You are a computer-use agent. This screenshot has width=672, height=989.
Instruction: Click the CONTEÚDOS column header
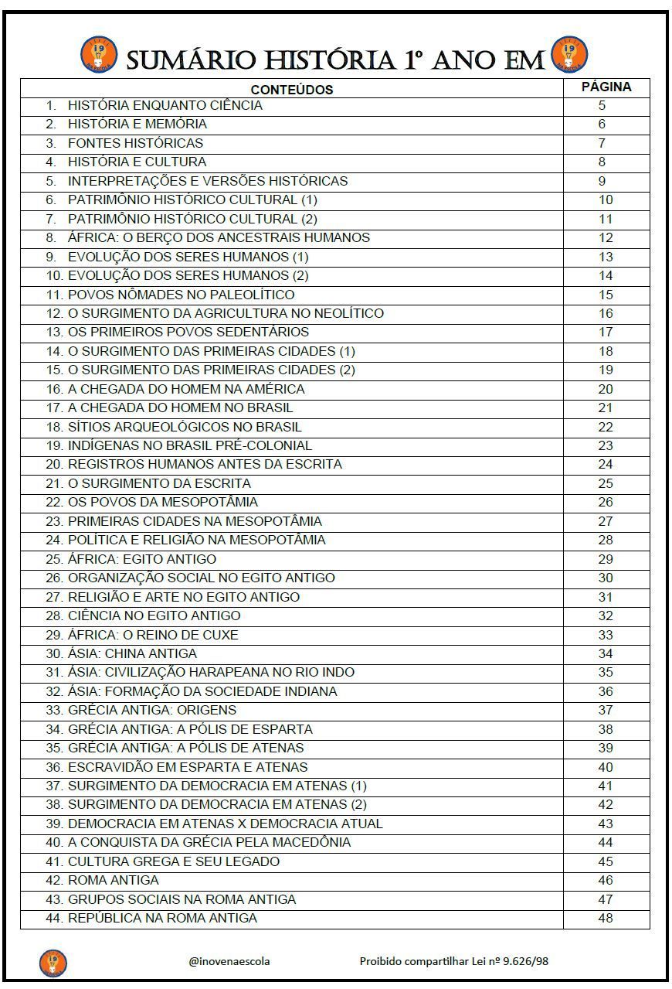[x=291, y=90]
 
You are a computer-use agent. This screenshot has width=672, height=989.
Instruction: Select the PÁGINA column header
[x=606, y=87]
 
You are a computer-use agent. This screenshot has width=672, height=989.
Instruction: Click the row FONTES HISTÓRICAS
[x=135, y=143]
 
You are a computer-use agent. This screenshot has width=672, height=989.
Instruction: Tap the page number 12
[x=606, y=237]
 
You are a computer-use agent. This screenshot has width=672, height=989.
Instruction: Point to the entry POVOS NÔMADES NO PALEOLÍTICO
[x=181, y=295]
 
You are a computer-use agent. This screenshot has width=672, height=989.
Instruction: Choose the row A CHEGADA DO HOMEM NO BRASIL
[x=180, y=408]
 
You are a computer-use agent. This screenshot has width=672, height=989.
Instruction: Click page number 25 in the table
[x=606, y=483]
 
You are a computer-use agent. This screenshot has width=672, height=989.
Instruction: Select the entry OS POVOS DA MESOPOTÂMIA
[x=162, y=502]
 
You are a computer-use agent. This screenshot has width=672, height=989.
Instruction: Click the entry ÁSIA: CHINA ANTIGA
[x=132, y=653]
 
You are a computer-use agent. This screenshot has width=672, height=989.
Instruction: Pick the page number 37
[x=606, y=710]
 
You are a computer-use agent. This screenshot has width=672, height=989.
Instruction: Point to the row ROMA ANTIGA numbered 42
[x=113, y=880]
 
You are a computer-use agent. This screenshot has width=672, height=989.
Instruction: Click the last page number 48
[x=606, y=918]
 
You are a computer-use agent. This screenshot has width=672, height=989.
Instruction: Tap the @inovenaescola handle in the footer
[x=229, y=961]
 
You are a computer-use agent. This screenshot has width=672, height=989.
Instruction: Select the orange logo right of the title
[x=569, y=55]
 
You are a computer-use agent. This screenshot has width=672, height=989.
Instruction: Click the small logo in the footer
[x=53, y=963]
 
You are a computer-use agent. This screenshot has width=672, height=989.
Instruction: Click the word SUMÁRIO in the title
[x=197, y=59]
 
